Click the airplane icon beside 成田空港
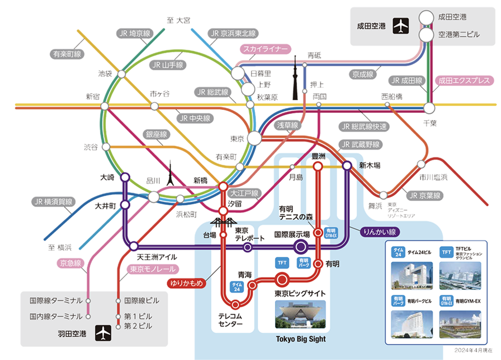400,26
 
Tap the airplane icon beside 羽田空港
103,332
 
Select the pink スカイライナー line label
265,49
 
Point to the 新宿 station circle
104,106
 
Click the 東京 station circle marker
254,138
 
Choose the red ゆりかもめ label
187,283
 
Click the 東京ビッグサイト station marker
282,279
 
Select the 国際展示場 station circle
300,246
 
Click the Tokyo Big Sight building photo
301,314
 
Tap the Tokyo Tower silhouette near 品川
170,174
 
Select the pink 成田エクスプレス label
462,80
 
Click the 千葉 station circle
429,108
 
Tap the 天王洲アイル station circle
133,246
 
